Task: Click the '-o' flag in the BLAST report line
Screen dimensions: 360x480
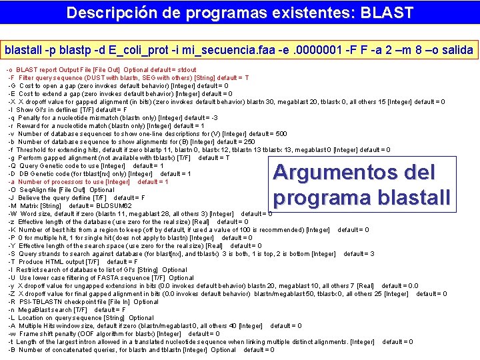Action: (10, 70)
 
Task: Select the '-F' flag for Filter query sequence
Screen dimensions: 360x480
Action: (11, 78)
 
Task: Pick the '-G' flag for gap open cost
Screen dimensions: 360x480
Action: (11, 86)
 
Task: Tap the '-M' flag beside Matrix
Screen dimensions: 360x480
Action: (11, 206)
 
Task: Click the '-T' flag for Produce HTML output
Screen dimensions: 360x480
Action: (11, 262)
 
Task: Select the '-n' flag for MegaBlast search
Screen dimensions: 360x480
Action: (11, 310)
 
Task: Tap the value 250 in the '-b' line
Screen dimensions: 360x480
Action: (249, 142)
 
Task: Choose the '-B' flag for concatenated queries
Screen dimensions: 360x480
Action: (11, 350)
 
